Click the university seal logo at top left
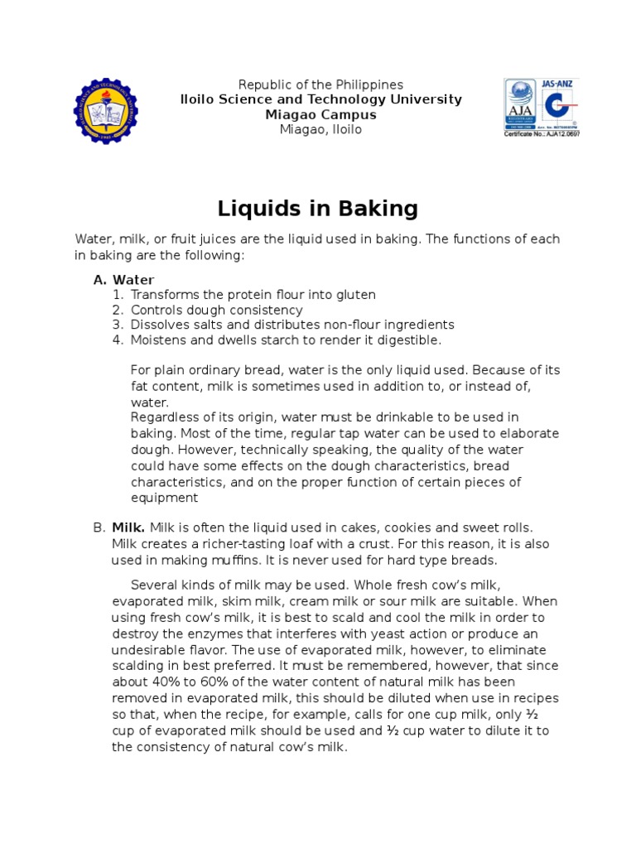(x=105, y=110)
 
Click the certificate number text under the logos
(x=542, y=134)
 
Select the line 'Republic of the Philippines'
(x=320, y=84)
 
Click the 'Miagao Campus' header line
(x=320, y=114)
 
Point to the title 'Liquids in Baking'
(x=318, y=207)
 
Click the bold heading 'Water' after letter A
(x=133, y=280)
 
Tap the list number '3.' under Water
(x=118, y=325)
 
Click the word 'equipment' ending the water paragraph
(x=164, y=498)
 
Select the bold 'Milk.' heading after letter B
(x=128, y=528)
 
